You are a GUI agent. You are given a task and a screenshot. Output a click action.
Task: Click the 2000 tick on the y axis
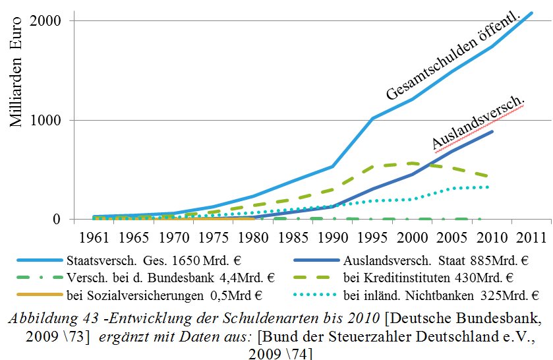pyautogui.click(x=47, y=20)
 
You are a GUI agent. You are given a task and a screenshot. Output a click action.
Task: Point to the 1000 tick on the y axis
pyautogui.click(x=47, y=120)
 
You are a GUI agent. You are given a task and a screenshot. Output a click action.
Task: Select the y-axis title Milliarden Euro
pyautogui.click(x=17, y=72)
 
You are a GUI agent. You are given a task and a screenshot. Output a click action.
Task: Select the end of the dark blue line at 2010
pyautogui.click(x=492, y=131)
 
